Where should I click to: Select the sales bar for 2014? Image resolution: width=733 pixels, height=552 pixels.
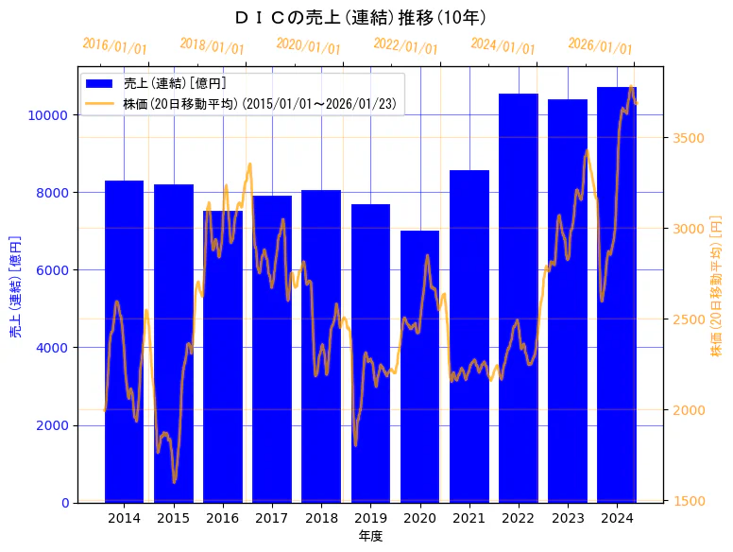coord(124,341)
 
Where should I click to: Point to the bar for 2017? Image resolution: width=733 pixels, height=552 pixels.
coord(272,349)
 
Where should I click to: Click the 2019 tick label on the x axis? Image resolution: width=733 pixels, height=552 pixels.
coord(370,519)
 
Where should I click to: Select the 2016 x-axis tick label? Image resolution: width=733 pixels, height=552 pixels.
coord(223,519)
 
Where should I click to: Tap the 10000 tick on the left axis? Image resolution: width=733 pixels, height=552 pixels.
coord(48,115)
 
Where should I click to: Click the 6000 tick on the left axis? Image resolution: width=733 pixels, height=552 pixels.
coord(52,270)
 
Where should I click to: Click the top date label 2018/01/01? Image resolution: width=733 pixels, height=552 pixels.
coord(212,46)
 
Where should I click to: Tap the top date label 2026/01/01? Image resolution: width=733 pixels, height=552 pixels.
coord(600,46)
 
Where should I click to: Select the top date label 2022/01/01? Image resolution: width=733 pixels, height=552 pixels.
coord(405,46)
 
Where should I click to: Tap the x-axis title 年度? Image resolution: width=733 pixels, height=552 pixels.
coord(370,537)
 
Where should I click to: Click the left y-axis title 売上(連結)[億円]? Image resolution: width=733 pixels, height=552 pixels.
coord(15,285)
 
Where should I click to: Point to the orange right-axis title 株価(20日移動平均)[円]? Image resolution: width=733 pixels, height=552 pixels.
coord(716,285)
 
